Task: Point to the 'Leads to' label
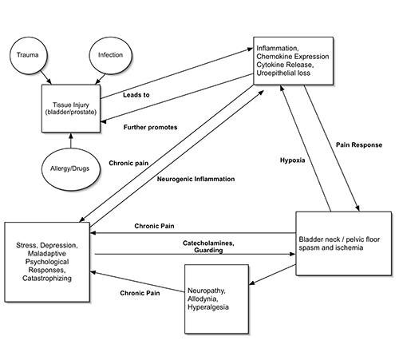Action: point(138,96)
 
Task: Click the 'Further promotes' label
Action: point(151,127)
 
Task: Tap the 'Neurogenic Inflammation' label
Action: point(196,179)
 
